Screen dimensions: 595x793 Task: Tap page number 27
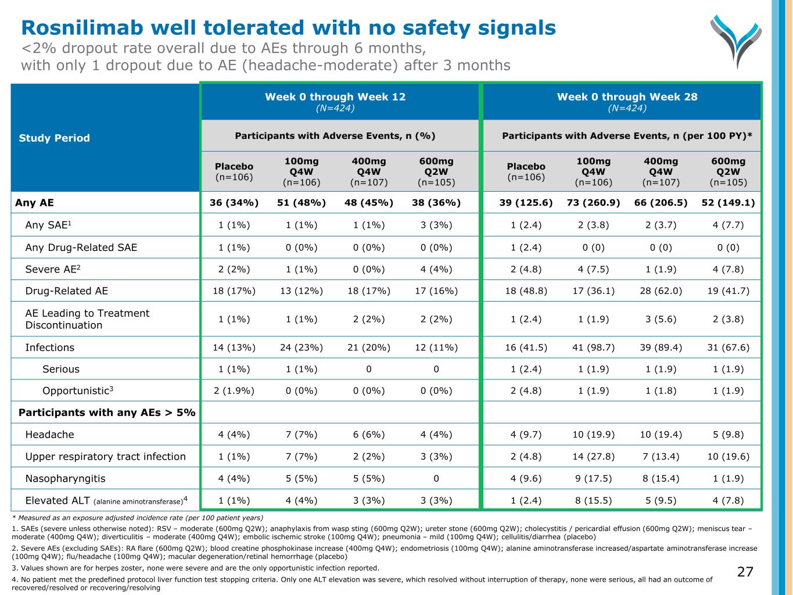tap(745, 572)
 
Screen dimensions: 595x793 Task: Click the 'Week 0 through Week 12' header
tap(335, 97)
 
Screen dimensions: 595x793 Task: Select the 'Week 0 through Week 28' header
tap(627, 97)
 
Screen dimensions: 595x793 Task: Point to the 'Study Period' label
tap(54, 138)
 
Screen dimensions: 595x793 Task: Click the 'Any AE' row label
tap(34, 203)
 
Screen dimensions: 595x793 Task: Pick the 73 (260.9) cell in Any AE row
tap(593, 203)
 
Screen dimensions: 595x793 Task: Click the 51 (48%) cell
tap(302, 203)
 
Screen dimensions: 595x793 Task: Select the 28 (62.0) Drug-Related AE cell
tap(661, 291)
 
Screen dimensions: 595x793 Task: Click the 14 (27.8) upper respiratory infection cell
tap(593, 456)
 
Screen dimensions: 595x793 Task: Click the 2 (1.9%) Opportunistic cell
tap(234, 390)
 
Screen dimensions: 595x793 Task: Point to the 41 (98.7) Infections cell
tap(593, 347)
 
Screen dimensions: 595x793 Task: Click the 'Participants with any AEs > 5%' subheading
tap(107, 413)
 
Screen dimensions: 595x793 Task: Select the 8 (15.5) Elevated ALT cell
tap(593, 500)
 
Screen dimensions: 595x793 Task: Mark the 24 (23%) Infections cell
tap(302, 347)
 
